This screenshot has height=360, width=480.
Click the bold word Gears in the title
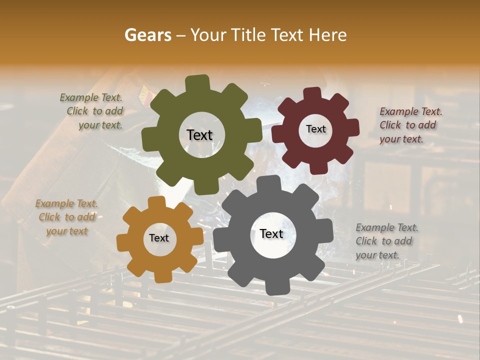point(147,35)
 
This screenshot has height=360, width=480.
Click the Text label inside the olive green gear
point(199,135)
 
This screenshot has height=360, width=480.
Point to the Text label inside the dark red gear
point(315,129)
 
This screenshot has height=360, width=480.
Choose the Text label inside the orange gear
point(159,238)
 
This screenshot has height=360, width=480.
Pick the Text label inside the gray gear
point(271,234)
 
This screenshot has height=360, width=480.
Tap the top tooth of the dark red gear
point(312,93)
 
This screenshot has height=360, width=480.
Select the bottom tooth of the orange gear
point(160,276)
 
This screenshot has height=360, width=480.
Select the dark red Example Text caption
point(410,125)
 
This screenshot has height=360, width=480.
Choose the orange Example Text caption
point(66,217)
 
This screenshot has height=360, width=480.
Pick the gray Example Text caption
point(387,241)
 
